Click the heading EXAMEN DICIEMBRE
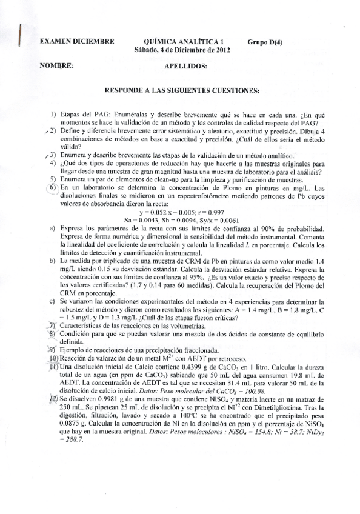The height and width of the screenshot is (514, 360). point(77,42)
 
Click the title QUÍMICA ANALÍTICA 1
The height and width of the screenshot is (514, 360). point(177,42)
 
